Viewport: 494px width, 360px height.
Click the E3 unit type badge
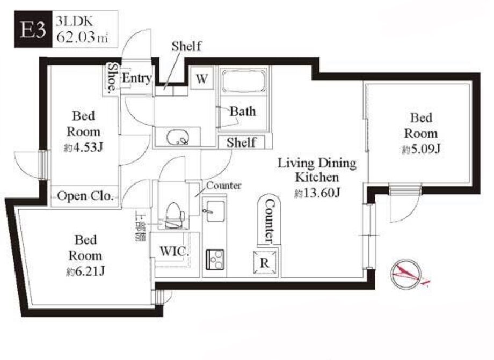[33, 29]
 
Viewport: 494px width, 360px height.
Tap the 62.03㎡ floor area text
[82, 37]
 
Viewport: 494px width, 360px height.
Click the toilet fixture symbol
[174, 215]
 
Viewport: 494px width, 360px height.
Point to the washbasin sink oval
[178, 137]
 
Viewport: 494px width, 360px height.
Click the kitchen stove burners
[215, 259]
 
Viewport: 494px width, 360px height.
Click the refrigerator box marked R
[265, 262]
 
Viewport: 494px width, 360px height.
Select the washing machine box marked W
[202, 78]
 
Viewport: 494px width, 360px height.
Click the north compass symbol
[406, 274]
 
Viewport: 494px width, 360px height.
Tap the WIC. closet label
[174, 252]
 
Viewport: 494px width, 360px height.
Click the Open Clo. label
[85, 196]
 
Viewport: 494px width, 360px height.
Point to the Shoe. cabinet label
[112, 78]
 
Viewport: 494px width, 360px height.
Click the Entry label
[137, 78]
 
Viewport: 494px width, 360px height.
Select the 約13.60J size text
[317, 192]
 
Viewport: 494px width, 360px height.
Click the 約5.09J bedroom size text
[420, 149]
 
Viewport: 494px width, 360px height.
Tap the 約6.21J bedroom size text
[85, 271]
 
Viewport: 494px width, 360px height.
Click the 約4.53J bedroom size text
[83, 147]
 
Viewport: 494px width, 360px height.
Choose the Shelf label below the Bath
[241, 142]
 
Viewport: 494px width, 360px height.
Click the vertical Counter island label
[269, 221]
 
